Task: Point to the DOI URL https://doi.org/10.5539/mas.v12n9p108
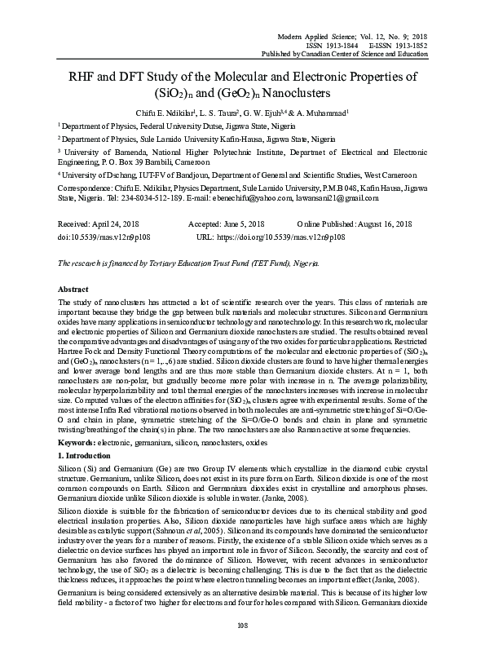283,236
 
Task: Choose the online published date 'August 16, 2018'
372,223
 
